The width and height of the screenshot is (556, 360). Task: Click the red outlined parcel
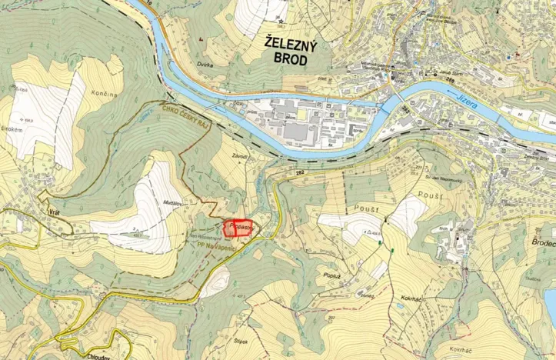click(x=238, y=228)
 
